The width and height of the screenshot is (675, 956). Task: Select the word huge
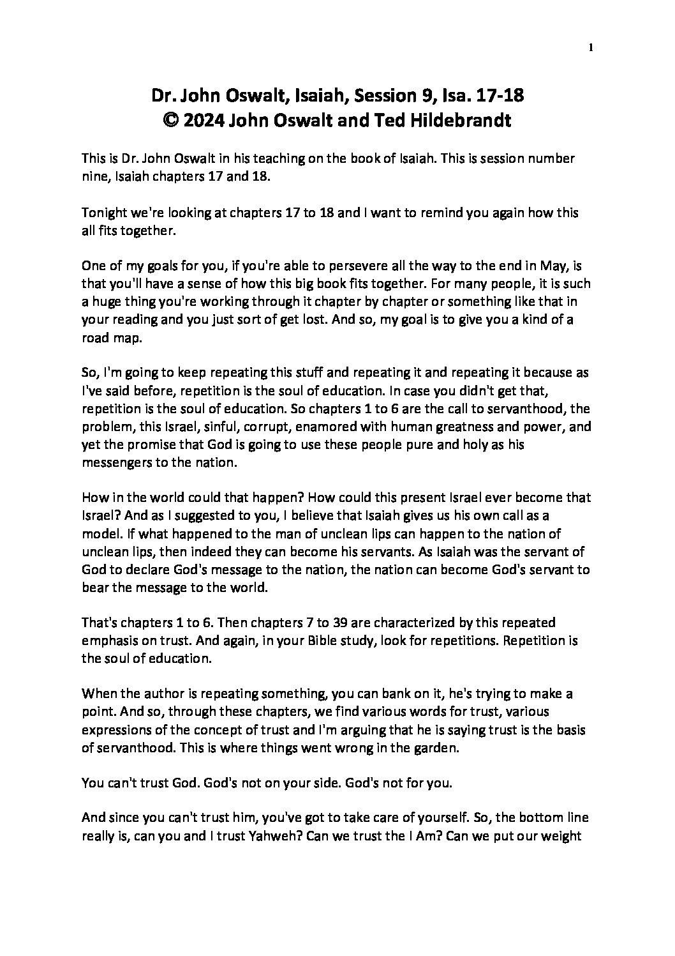point(103,302)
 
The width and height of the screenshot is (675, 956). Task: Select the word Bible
point(258,640)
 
